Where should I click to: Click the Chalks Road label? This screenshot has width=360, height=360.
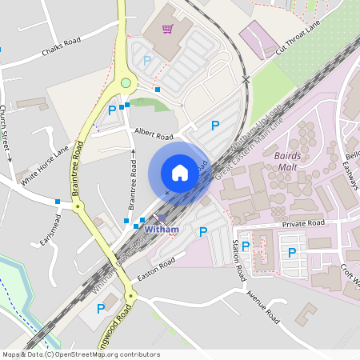pos(62,50)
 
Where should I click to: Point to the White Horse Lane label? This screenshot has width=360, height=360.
pos(45,166)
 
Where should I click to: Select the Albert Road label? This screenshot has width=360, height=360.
pos(154,133)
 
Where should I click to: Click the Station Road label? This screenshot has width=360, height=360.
pos(238,259)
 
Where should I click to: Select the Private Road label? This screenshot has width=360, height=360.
pos(305,224)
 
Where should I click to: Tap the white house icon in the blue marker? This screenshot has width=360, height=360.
pos(179,173)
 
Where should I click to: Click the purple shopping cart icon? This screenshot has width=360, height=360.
pos(168,30)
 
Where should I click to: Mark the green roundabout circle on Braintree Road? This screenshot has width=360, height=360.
pos(126,82)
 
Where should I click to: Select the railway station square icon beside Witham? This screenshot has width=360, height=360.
pos(162,218)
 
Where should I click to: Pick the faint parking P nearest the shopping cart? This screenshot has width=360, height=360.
pos(146,60)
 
